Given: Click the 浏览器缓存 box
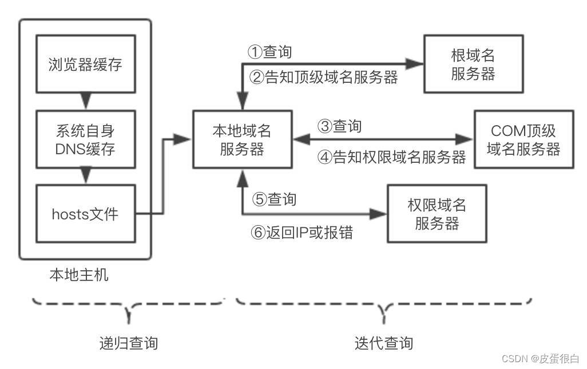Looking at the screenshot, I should click(85, 64).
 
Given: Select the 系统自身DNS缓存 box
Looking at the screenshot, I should click(85, 139).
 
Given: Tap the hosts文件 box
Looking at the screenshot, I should click(85, 214).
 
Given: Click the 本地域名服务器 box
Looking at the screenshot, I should click(241, 140).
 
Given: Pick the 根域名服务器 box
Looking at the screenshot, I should click(473, 64).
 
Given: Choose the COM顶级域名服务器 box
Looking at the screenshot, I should click(523, 140).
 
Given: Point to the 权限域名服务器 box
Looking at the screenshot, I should click(437, 214).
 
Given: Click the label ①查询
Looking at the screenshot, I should click(269, 52).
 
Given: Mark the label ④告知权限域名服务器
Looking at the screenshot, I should click(392, 157).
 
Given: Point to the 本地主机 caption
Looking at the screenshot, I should click(79, 275).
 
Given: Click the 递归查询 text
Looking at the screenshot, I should click(128, 343).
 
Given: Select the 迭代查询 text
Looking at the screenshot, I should click(383, 343).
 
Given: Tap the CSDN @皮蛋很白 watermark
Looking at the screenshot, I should click(540, 359).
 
